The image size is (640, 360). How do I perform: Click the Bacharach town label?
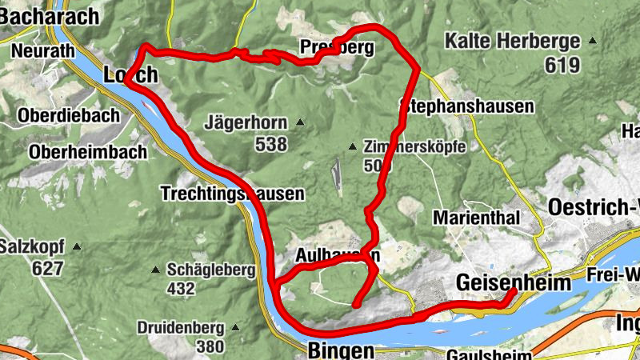pyautogui.click(x=50, y=15)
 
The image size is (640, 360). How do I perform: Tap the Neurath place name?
pyautogui.click(x=43, y=50)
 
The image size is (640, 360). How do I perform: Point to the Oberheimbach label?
pyautogui.click(x=88, y=151)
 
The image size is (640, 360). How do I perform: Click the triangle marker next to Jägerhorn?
pyautogui.click(x=300, y=122)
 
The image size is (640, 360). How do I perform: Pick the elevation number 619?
pyautogui.click(x=562, y=65)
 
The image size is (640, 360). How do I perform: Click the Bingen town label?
pyautogui.click(x=340, y=350)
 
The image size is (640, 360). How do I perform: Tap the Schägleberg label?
pyautogui.click(x=211, y=270)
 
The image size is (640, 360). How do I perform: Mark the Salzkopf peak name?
pyautogui.click(x=31, y=246)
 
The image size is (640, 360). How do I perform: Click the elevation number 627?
pyautogui.click(x=48, y=268)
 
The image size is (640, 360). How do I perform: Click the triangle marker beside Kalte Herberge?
pyautogui.click(x=593, y=40)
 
